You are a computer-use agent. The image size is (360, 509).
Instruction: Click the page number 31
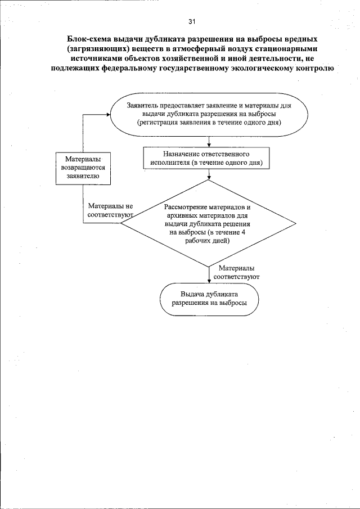[x=192, y=22]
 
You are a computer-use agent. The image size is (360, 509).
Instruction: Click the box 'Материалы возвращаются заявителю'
[x=83, y=168]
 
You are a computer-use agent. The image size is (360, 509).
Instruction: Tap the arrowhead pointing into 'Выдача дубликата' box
[x=209, y=280]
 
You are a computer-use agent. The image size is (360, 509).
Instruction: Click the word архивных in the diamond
[x=180, y=215]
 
